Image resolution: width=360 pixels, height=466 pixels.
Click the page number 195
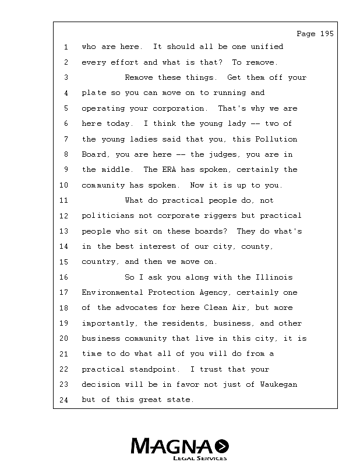[326, 34]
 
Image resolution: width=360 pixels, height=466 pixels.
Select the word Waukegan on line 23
[278, 384]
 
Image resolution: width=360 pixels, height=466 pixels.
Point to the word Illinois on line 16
[273, 277]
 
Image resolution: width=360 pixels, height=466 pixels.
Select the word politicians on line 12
[105, 216]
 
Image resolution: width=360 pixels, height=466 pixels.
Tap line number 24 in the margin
[64, 400]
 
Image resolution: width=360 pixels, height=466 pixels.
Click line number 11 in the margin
[64, 200]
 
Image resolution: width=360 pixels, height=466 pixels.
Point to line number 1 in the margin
[66, 47]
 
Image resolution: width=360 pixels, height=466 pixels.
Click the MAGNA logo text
[172, 447]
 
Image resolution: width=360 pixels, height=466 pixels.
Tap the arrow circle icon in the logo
[222, 447]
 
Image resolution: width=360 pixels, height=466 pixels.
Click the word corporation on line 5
[179, 108]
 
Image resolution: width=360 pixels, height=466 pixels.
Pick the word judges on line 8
[230, 154]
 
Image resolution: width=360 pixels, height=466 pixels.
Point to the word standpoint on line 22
[160, 369]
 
